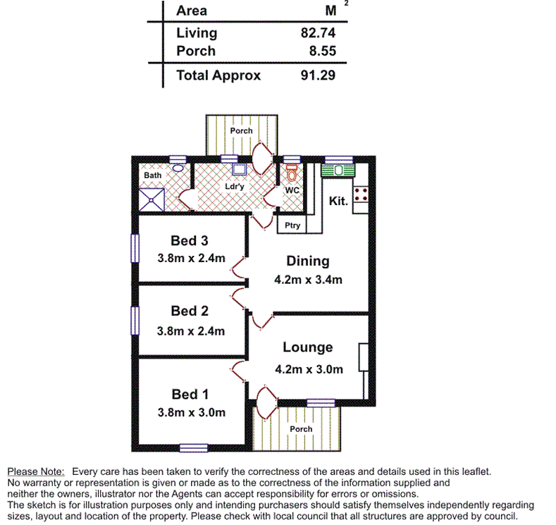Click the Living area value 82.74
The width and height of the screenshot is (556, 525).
point(317,32)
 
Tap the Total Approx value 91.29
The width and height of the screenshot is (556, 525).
point(317,75)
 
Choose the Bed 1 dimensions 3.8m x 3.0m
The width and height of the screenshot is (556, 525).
point(192,412)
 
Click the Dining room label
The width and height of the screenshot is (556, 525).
point(308,261)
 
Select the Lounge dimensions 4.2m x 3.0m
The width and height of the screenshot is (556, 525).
point(308,369)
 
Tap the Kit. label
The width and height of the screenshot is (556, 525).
point(339,202)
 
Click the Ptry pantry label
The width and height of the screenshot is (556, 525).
point(292,226)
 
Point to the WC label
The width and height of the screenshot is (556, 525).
point(292,190)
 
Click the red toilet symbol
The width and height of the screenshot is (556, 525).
point(291,172)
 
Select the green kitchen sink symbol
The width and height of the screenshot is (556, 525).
point(339,170)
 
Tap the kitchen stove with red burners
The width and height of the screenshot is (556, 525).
point(361,194)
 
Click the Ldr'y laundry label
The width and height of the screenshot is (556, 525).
point(235,187)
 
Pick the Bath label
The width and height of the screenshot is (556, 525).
point(153,175)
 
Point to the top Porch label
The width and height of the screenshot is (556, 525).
point(241,131)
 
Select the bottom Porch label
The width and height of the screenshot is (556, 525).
point(301,429)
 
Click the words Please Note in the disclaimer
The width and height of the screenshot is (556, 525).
point(36,471)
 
